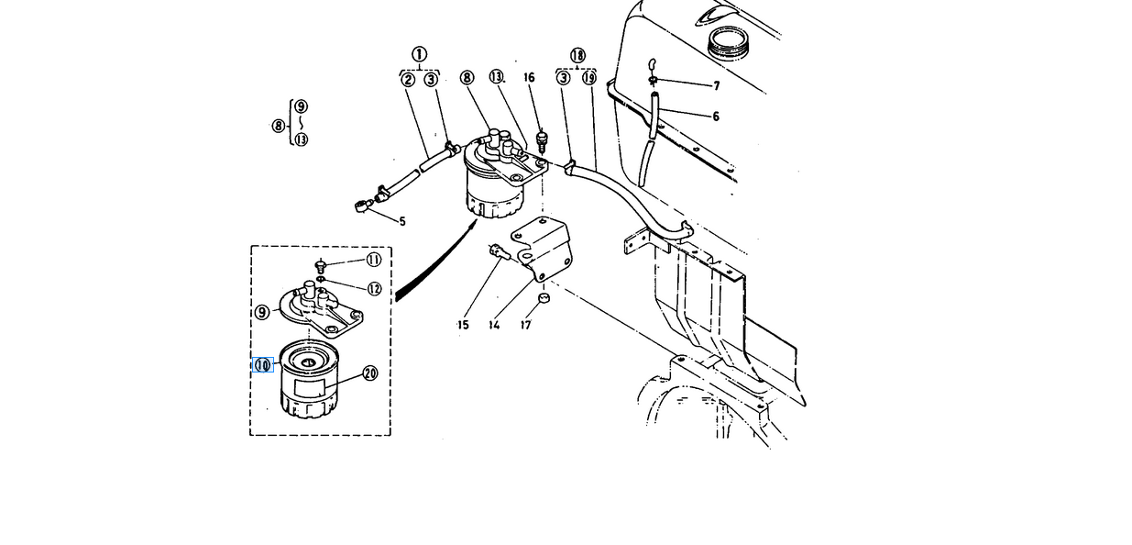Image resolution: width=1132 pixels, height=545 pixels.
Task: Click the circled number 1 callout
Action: (419, 54)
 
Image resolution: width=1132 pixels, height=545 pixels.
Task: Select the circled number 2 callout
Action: (408, 80)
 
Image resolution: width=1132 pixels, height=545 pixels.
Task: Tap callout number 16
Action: (529, 77)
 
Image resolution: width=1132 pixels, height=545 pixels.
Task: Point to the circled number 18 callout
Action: (577, 55)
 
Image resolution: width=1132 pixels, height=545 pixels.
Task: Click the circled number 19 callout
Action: (589, 78)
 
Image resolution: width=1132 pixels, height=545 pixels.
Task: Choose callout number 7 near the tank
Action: (716, 86)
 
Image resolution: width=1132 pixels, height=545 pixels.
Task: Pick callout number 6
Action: (716, 117)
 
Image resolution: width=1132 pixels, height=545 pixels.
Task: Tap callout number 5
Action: (402, 221)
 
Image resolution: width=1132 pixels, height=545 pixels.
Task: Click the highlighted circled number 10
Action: (263, 365)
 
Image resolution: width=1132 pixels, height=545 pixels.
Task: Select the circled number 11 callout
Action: (373, 260)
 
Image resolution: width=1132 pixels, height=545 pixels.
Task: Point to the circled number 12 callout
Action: (374, 289)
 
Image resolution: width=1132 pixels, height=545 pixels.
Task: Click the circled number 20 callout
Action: (370, 373)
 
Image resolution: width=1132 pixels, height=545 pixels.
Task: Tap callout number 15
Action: (463, 325)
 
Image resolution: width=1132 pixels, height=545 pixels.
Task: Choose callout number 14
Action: (494, 325)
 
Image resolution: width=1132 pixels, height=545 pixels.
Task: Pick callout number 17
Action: (526, 325)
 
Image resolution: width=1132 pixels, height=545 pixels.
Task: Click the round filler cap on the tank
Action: (729, 42)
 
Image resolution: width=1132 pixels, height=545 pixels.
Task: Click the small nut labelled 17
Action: (544, 298)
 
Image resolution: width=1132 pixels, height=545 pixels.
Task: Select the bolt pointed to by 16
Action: (543, 141)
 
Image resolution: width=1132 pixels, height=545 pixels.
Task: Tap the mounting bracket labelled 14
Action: (544, 248)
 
